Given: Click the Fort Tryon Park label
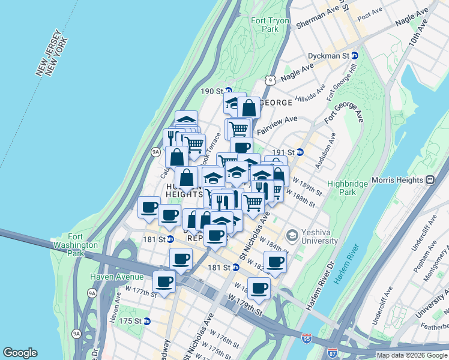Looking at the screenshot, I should click(270, 25).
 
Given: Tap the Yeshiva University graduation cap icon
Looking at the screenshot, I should click(292, 235).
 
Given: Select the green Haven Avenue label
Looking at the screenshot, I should click(116, 277).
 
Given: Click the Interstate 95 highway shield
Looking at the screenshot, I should click(307, 339).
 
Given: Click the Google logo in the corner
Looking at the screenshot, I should click(20, 353).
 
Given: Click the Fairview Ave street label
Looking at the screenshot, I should click(277, 125).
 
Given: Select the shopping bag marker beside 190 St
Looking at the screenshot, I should click(249, 108).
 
